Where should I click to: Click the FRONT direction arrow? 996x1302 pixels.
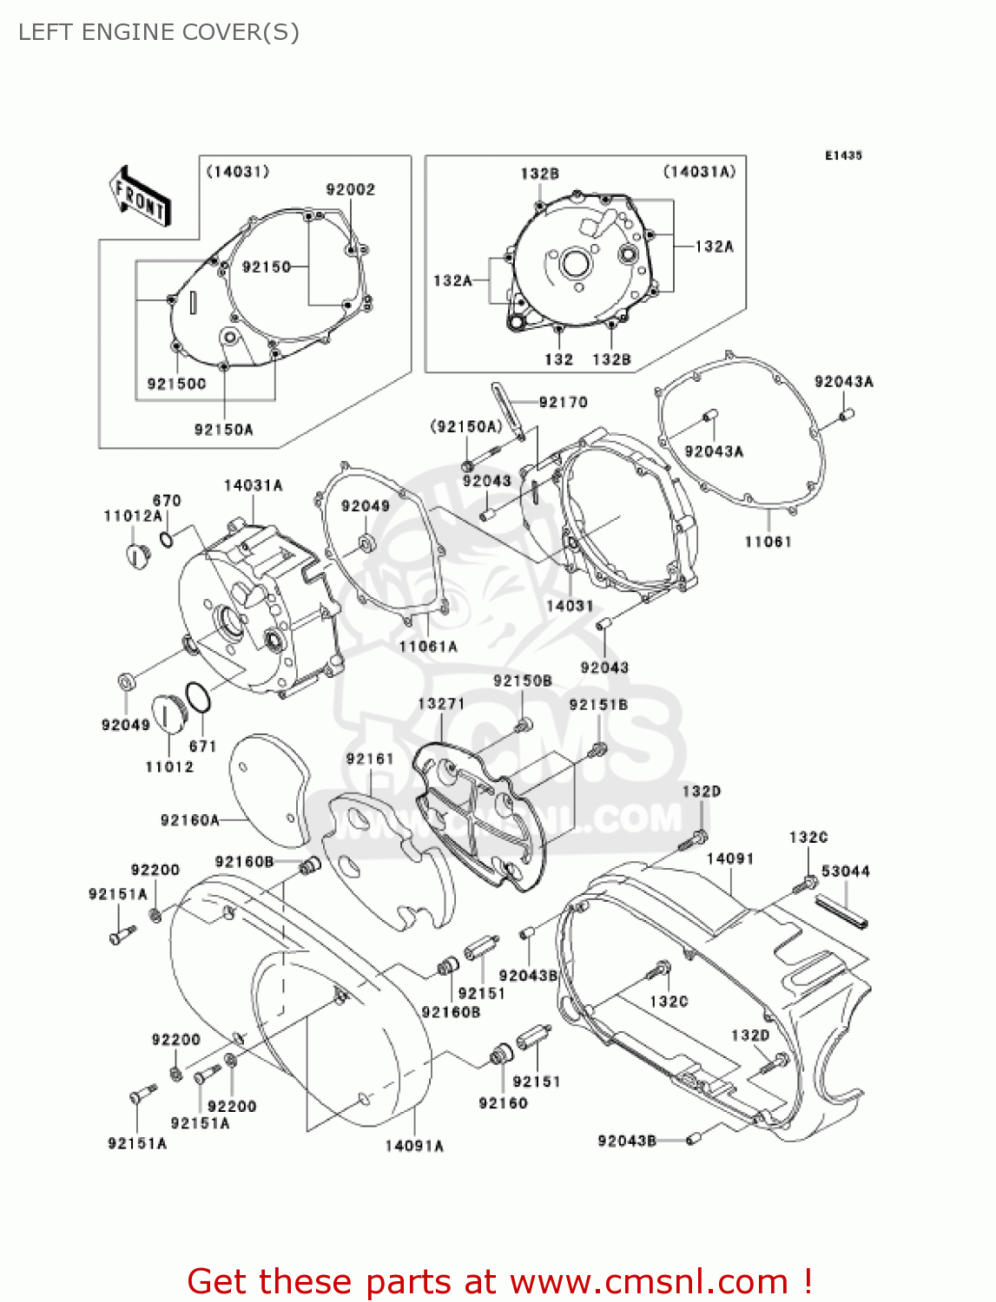140,196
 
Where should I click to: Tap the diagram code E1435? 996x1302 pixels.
843,155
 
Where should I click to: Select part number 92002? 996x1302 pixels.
351,189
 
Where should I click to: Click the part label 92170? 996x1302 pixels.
563,402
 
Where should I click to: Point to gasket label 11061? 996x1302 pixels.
768,542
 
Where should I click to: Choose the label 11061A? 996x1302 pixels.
428,647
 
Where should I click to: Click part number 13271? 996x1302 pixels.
441,703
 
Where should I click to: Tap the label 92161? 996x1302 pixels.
370,759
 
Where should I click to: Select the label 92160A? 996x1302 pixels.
190,820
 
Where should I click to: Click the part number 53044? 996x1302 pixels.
845,871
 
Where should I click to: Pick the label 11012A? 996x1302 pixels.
133,516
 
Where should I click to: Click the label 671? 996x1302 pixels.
202,746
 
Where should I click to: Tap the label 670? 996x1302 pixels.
167,500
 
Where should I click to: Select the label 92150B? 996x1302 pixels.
522,681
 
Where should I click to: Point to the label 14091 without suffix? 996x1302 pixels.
729,859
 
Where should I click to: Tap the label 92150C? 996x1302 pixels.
176,384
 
